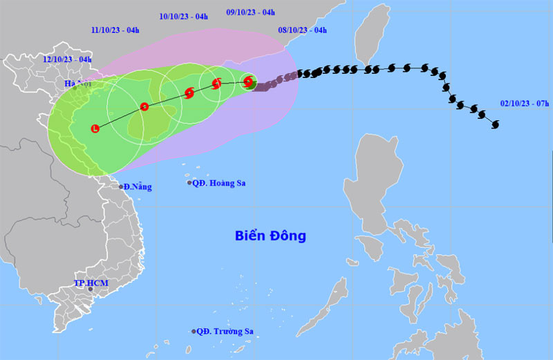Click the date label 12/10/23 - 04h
67,59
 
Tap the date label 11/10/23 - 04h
115,30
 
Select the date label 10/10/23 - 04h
183,15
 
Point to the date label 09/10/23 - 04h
251,12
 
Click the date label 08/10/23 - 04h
302,30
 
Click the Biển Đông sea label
269,236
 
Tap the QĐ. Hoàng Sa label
220,183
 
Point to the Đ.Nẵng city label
138,187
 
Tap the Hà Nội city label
77,84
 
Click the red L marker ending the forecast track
95,128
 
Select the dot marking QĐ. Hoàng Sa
189,182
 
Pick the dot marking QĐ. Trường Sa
194,331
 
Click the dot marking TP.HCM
91,289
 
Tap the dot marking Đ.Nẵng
121,187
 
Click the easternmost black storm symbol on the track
495,124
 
